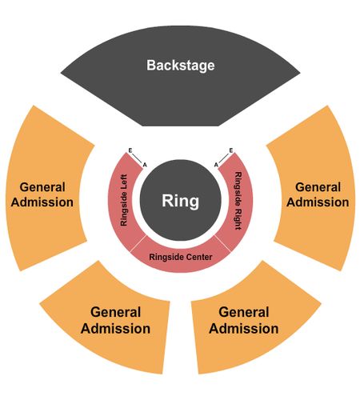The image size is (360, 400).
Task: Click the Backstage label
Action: (181, 66)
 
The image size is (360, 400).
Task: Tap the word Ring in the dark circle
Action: (181, 201)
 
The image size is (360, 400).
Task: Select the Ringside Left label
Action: (124, 200)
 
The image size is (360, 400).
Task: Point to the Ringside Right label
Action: (238, 201)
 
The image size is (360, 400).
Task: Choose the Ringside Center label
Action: (181, 257)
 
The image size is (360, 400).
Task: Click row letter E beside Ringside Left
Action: (130, 150)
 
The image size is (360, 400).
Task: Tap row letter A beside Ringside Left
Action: (145, 165)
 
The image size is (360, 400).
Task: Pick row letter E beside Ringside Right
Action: (231, 150)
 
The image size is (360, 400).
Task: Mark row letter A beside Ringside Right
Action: (216, 165)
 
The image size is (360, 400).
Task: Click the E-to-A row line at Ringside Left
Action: (138, 158)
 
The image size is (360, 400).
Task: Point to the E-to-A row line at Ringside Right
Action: (224, 158)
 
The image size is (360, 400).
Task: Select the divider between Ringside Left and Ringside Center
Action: (138, 243)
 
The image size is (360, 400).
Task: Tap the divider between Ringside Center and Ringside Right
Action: (222, 243)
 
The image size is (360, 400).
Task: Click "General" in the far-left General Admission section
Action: (42, 187)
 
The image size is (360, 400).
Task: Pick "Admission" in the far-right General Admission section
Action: (318, 202)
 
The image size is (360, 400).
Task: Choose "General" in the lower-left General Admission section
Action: (115, 312)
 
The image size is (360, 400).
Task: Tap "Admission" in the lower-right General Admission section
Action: (244, 329)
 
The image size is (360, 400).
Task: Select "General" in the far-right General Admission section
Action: (318, 187)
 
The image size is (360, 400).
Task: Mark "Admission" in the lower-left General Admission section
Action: (115, 329)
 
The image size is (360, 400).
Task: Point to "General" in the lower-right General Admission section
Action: (244, 312)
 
